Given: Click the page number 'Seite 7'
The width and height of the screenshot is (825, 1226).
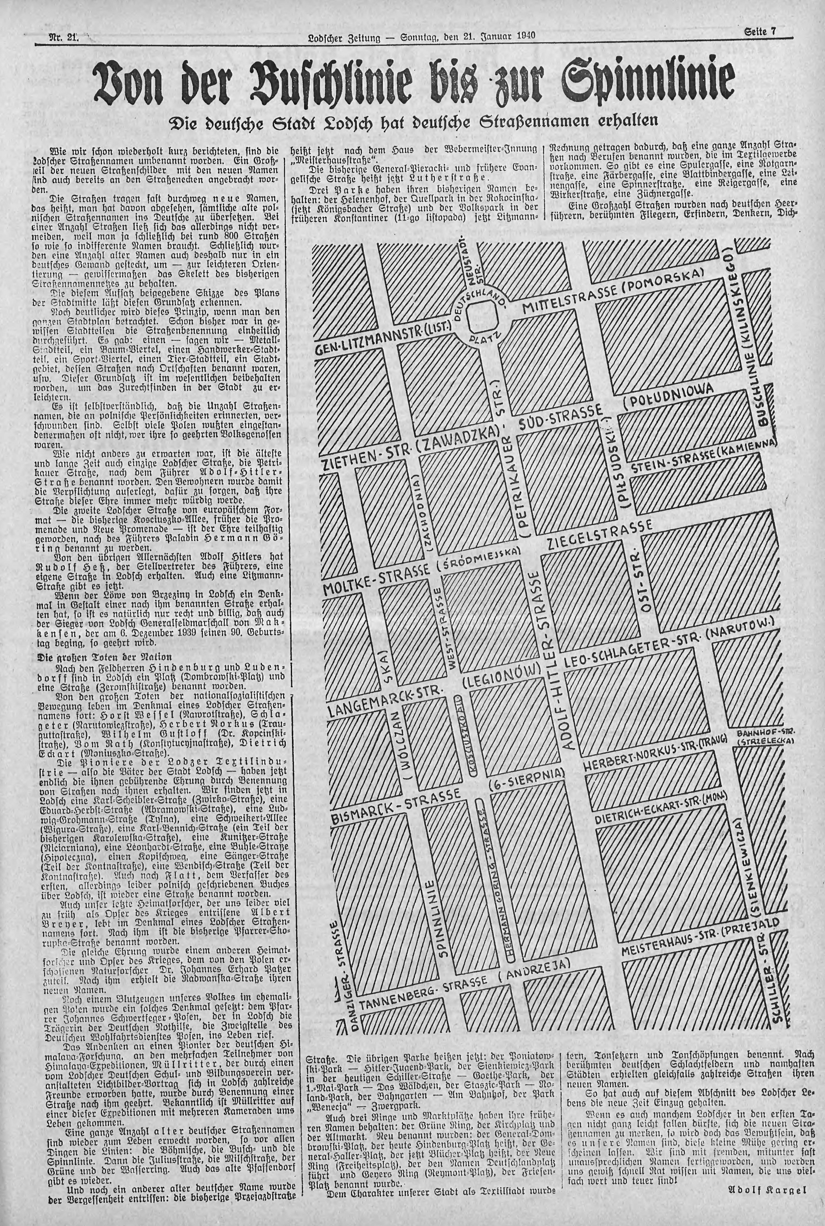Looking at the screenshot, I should point(760,31).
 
